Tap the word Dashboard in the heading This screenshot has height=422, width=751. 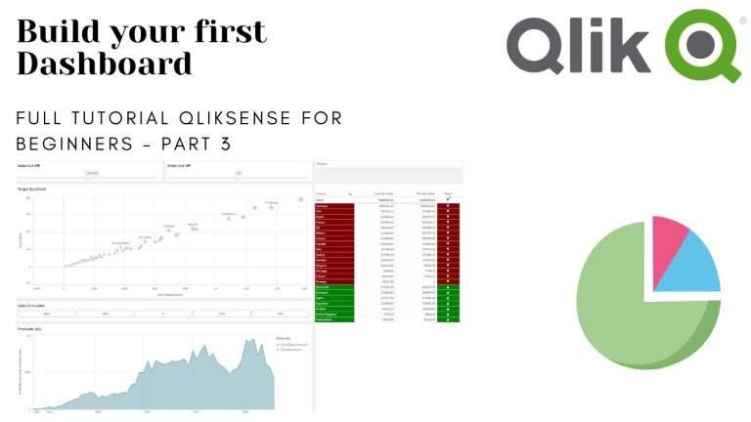pos(104,64)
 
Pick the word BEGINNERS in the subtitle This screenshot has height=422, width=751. pos(72,145)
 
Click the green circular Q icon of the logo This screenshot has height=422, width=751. pos(702,44)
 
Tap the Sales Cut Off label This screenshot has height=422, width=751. pos(30,165)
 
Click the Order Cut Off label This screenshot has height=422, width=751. pos(179,165)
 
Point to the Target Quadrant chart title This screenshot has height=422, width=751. pos(33,189)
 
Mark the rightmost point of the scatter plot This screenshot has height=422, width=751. pos(300,199)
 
